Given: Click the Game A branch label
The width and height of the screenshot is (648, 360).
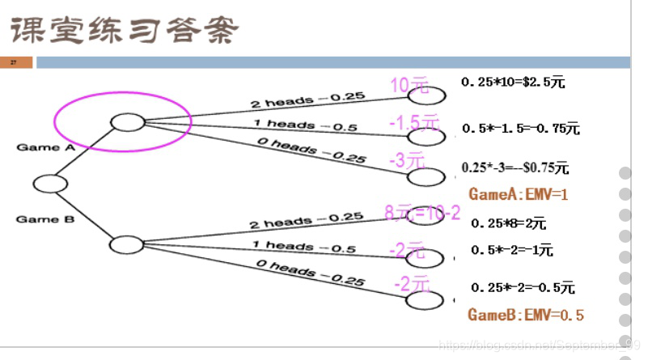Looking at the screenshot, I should tap(39, 147).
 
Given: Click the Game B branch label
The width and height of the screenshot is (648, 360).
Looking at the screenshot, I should tap(38, 219).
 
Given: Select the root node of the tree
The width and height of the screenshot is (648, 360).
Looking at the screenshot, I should tap(50, 184).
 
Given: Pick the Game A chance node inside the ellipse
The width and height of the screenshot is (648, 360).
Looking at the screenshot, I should tap(127, 122).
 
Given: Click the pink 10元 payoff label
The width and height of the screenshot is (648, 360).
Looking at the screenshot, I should tap(409, 86).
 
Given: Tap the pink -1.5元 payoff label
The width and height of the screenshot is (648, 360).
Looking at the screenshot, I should tap(413, 122).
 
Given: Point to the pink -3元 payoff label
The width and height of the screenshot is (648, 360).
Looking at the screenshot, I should tap(406, 160).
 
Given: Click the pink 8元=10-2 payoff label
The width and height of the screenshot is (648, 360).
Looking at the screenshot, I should tap(422, 214).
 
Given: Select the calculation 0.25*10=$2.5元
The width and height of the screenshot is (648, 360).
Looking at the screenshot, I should tap(513, 82).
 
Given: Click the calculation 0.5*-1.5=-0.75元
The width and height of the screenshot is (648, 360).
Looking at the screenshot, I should tap(521, 128).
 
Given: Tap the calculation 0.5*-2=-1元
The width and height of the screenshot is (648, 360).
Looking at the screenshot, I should tap(512, 251).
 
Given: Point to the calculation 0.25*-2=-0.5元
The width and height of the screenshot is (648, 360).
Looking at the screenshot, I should tap(523, 287).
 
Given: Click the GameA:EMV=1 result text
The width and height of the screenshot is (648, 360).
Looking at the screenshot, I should tap(519, 194).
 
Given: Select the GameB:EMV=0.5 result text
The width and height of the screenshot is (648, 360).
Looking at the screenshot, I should tap(526, 315).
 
